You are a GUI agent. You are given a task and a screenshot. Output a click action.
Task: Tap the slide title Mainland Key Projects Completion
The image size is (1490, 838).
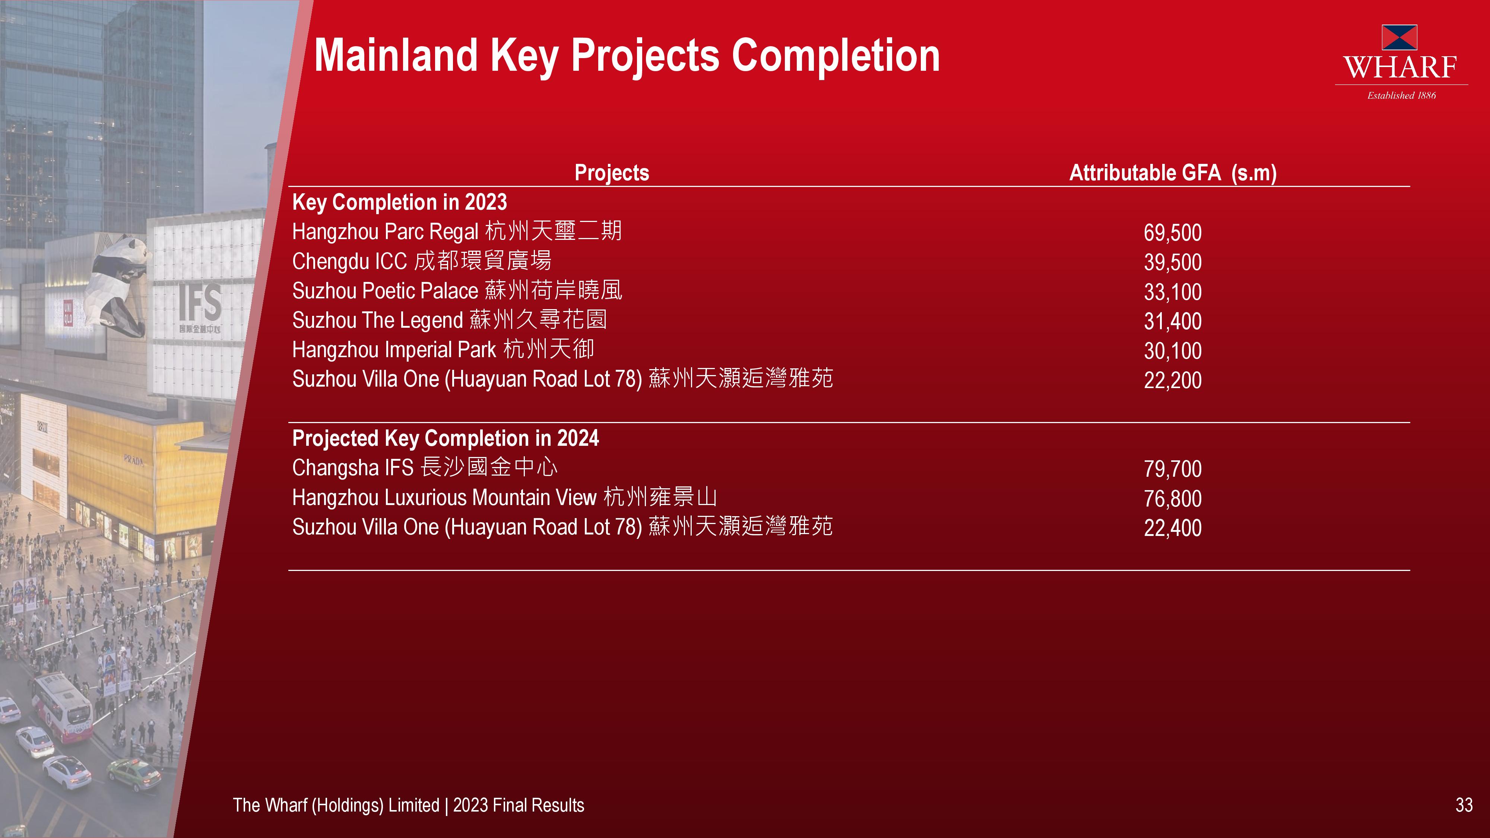click(627, 55)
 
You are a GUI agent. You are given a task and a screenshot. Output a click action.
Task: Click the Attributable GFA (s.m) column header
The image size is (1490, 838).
click(1173, 172)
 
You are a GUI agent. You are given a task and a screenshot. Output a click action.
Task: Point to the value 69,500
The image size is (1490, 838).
click(1173, 232)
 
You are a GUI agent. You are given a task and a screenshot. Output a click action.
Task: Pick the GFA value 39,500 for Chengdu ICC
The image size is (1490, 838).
click(1173, 262)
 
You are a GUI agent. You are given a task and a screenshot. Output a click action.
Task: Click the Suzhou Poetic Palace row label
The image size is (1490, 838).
click(457, 291)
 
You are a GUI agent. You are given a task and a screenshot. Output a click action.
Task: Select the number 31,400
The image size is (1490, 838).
click(1173, 321)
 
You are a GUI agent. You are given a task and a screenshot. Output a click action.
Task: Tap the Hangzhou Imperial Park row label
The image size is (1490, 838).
click(443, 349)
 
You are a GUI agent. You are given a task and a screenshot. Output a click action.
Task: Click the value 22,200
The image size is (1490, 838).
click(1173, 380)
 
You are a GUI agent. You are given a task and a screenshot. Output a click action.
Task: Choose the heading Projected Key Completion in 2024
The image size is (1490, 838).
click(446, 438)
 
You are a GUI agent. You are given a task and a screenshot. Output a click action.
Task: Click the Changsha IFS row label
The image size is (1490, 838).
click(425, 467)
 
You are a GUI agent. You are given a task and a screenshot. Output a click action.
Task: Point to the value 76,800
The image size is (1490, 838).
click(1173, 499)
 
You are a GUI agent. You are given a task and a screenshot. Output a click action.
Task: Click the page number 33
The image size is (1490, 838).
click(1464, 805)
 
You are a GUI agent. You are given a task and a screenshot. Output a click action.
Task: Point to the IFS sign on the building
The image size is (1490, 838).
click(200, 302)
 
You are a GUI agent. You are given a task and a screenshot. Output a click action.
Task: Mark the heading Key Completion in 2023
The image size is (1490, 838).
click(400, 202)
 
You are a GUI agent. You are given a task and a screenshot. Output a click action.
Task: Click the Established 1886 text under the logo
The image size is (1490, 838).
click(1401, 95)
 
